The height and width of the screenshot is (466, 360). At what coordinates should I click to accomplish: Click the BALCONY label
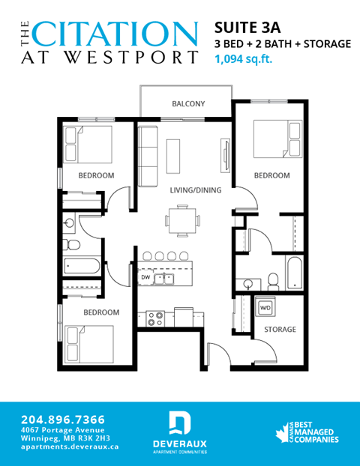tap(188, 104)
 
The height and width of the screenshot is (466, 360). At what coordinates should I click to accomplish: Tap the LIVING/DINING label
tap(195, 190)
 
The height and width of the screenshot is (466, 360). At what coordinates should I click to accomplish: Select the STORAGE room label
tap(279, 330)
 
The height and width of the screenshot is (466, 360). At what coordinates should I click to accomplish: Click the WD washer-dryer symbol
tap(265, 308)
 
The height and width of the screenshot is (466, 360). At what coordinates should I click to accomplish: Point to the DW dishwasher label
tap(145, 279)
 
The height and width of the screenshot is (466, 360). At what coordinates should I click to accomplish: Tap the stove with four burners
tap(155, 318)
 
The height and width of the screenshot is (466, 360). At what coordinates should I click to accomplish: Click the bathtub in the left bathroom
tap(82, 265)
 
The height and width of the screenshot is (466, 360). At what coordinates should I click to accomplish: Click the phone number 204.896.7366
tap(63, 419)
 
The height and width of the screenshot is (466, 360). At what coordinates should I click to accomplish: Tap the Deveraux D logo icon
tap(179, 422)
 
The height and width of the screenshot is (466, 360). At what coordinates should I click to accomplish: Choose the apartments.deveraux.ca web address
tap(70, 446)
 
